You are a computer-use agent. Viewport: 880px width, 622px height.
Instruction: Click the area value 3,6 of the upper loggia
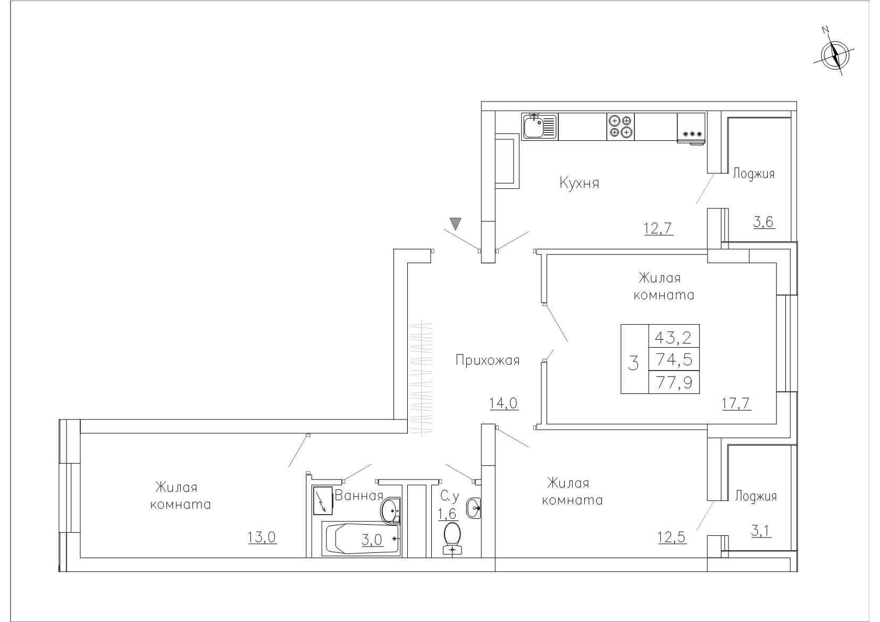[764, 222]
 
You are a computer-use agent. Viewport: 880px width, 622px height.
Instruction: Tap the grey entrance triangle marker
[455, 223]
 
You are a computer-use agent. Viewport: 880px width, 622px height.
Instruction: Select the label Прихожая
[488, 360]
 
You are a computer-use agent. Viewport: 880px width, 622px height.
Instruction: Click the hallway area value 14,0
[504, 404]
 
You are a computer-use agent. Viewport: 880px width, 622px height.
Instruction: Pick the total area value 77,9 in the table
[674, 382]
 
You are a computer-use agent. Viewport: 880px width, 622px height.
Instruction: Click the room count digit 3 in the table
[634, 363]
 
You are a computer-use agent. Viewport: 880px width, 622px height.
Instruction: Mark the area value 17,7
[736, 404]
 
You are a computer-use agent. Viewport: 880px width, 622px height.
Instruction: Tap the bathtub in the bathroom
[361, 539]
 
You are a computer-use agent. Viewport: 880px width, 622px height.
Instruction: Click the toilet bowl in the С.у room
[452, 539]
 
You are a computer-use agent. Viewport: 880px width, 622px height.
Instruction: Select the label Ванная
[359, 495]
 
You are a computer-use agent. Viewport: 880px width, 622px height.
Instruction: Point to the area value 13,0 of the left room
[263, 537]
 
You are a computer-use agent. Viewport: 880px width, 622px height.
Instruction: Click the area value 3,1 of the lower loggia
[761, 531]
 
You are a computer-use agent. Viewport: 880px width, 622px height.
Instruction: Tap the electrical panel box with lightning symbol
[323, 501]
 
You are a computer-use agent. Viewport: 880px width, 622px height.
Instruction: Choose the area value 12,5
[672, 537]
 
